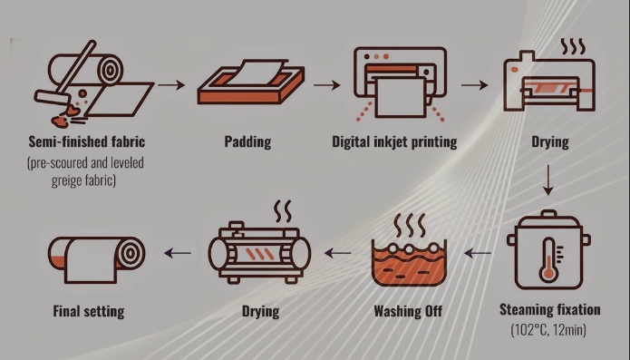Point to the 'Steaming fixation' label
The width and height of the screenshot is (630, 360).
(x=549, y=310)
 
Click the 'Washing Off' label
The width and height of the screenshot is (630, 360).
(x=409, y=312)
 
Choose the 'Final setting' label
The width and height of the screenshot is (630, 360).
(x=87, y=312)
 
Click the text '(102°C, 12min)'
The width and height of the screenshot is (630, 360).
(x=549, y=328)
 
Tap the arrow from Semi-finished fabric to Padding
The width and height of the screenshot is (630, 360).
(x=170, y=86)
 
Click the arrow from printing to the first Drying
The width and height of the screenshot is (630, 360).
(x=473, y=86)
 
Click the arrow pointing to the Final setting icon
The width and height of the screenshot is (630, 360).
(x=177, y=253)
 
